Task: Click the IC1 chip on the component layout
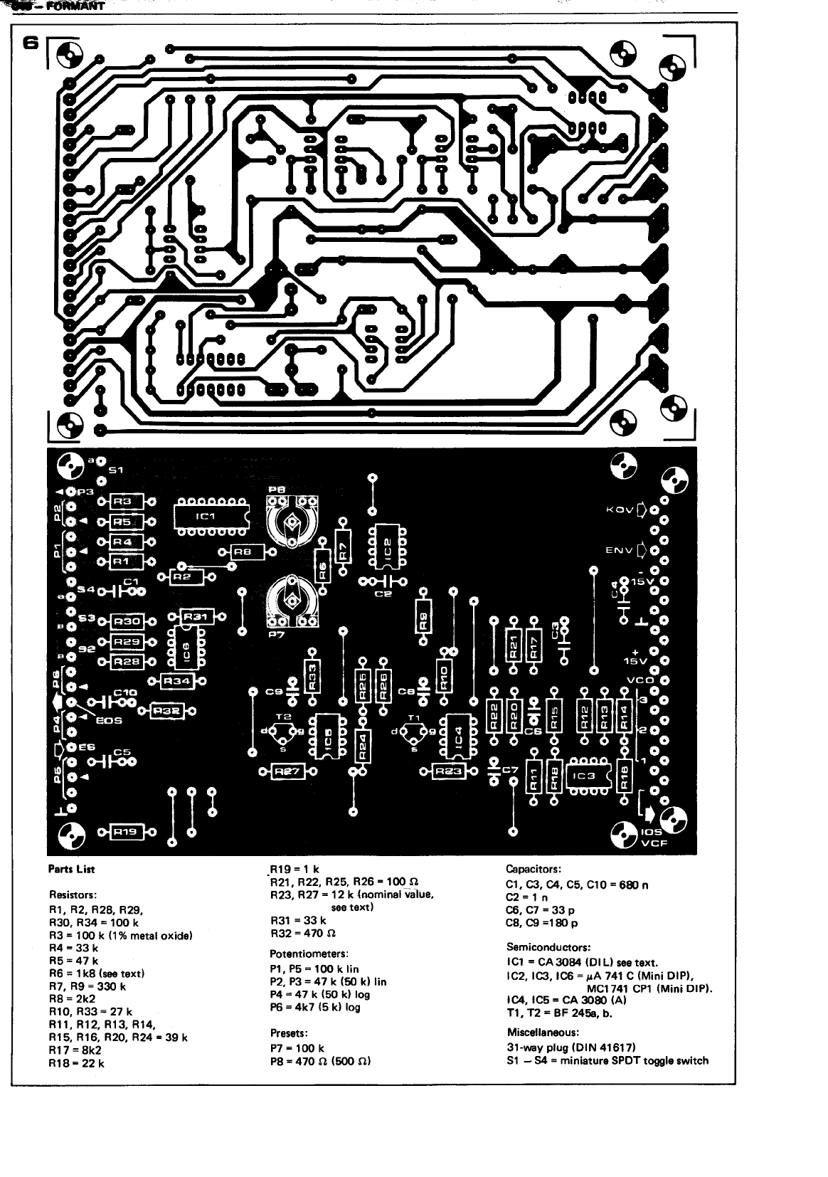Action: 211,516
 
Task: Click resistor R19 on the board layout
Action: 127,830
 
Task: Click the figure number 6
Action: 29,43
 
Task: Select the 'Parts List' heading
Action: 71,869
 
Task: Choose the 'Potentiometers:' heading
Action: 307,954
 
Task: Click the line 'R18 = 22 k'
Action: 76,1063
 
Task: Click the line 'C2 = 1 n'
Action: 526,897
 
